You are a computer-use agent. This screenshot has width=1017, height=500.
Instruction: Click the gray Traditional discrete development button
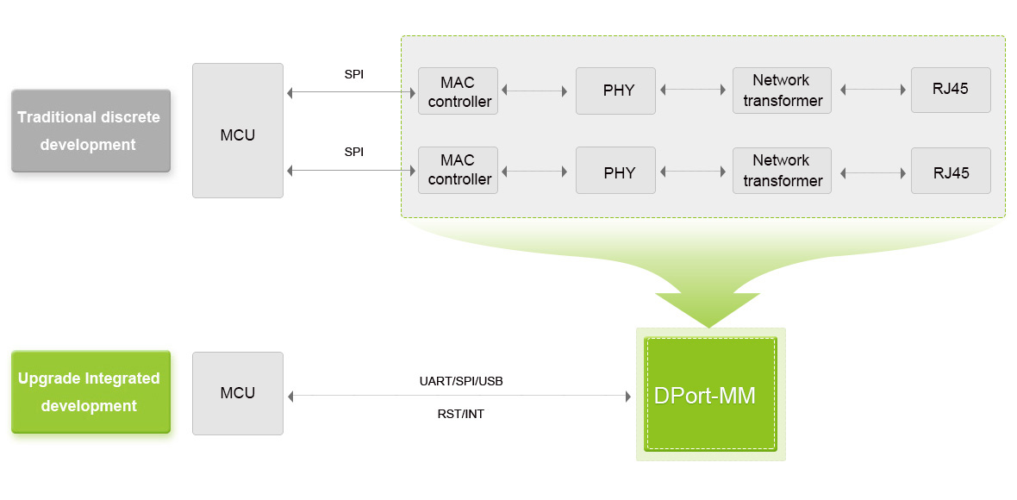tap(90, 131)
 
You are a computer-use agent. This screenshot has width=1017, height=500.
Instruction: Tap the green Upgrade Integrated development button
tap(90, 392)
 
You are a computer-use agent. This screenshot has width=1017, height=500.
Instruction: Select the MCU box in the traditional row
tap(238, 131)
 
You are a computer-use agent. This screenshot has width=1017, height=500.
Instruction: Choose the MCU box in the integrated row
tap(238, 393)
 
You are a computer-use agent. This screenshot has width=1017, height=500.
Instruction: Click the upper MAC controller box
tap(458, 91)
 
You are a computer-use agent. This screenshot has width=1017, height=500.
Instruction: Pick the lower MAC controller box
tap(458, 171)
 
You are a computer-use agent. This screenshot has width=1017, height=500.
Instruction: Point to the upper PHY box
tap(615, 91)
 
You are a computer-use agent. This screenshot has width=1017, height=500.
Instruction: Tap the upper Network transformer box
tap(782, 91)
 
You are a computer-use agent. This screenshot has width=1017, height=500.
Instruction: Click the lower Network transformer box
tap(782, 171)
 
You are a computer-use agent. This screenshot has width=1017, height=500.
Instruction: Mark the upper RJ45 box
tap(951, 91)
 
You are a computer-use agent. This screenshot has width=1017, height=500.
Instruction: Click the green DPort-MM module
tap(710, 394)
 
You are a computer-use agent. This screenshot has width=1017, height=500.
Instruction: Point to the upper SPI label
tap(353, 74)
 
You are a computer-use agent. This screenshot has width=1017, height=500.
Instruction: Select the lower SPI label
tap(353, 152)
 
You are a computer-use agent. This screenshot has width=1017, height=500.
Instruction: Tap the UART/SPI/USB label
tap(460, 380)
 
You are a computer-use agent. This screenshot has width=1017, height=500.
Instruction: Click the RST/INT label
tap(460, 415)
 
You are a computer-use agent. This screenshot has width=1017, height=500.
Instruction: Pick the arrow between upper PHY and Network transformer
tap(694, 90)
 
